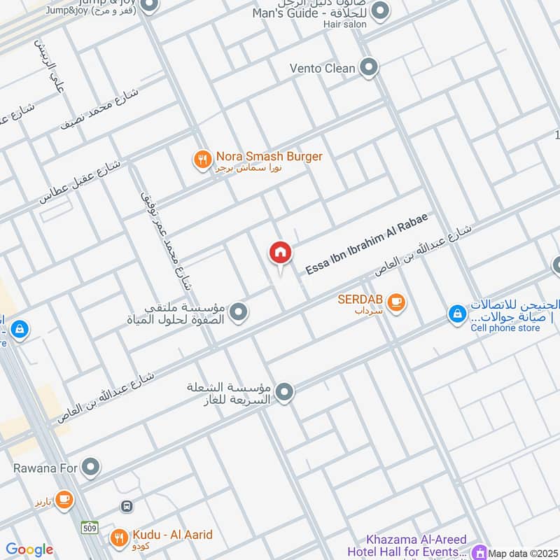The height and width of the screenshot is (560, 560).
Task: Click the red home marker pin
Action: point(281,253)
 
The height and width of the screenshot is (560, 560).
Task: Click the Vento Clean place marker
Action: point(369,68)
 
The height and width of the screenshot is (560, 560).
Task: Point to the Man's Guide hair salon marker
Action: point(380,10)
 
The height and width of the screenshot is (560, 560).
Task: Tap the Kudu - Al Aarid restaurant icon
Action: point(120,538)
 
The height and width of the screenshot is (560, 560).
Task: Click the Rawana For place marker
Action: point(90,465)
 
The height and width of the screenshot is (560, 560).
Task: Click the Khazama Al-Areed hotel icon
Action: point(479,552)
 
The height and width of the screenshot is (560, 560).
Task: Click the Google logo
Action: point(29,550)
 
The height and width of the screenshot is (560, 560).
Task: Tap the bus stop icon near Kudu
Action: point(127,505)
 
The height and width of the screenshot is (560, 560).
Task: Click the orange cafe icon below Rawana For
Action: point(64,499)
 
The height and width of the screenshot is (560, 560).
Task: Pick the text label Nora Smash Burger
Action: point(269,157)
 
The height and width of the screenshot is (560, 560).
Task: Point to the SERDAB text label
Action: point(360,299)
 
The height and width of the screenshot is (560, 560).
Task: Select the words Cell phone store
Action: point(505,328)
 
